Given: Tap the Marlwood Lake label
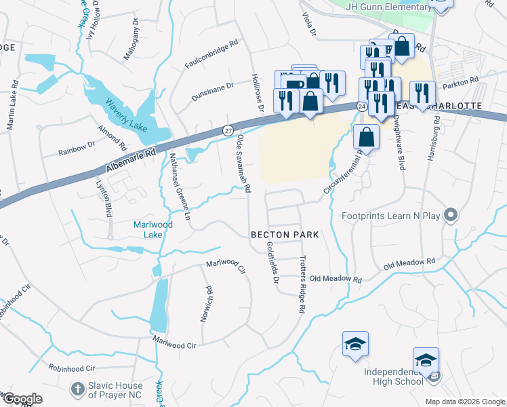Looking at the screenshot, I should (153, 229).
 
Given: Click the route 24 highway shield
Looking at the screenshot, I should (362, 107).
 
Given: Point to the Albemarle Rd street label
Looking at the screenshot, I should (131, 162).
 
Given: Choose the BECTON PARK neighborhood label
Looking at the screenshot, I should (285, 233).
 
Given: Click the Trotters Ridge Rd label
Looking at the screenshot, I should (299, 285).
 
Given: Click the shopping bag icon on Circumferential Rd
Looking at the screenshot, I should (366, 138).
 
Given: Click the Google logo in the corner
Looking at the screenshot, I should (22, 399).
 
